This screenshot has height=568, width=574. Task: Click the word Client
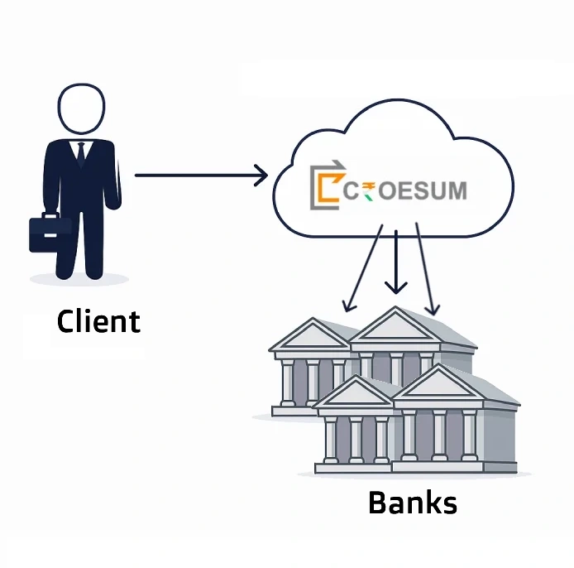[98, 320]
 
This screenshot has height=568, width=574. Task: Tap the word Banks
[412, 502]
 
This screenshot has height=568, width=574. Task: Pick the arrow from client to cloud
[199, 175]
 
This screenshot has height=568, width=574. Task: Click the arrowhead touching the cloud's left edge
[261, 175]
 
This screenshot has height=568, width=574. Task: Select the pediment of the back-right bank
[396, 328]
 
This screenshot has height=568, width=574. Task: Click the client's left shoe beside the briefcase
[66, 271]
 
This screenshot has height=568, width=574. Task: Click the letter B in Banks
[378, 502]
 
